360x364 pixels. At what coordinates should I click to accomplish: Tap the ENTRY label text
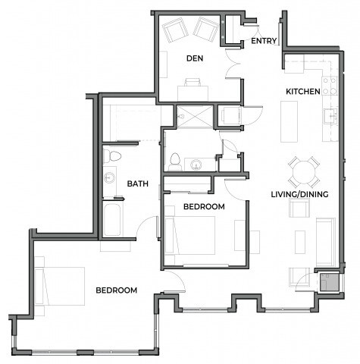263,42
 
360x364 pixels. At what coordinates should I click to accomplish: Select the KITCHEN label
302,92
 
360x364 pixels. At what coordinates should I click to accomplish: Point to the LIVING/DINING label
299,195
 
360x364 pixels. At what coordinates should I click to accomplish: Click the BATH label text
137,184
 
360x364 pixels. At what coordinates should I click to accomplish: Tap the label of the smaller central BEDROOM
204,207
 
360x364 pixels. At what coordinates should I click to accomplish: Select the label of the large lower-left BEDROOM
116,290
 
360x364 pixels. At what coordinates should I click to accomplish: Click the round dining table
303,171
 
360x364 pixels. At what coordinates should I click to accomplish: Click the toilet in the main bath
111,156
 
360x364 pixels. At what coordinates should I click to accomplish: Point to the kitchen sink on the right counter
330,115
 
